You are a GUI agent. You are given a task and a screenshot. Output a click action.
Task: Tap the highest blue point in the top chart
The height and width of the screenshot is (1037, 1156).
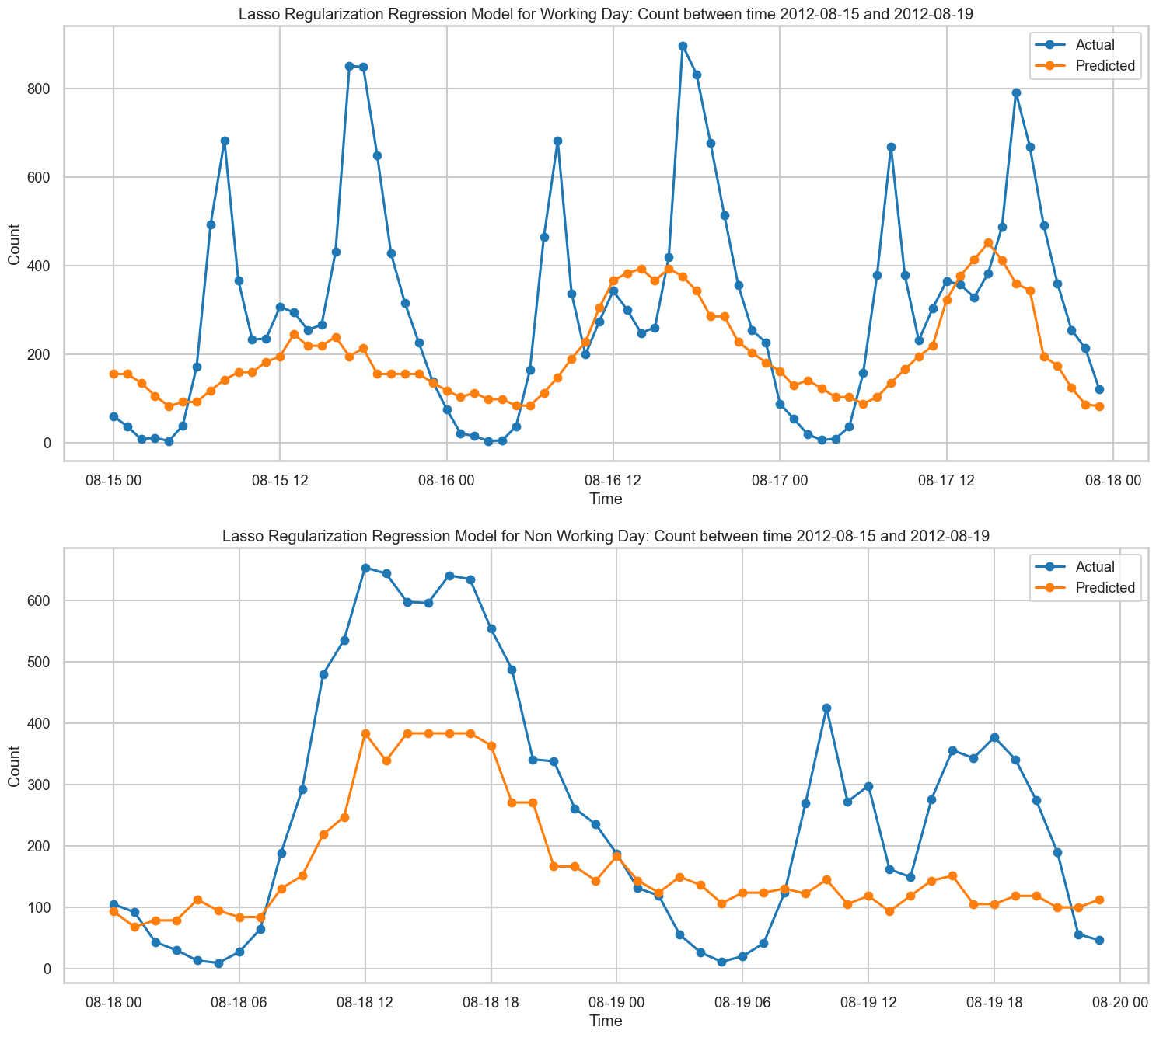tap(683, 46)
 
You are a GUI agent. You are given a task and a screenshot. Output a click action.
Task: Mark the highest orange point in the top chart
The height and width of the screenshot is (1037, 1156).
tap(989, 243)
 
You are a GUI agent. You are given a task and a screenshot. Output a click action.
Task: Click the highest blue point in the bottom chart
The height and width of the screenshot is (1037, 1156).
tap(365, 568)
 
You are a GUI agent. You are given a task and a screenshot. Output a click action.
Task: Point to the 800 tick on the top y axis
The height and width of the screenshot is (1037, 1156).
tap(40, 89)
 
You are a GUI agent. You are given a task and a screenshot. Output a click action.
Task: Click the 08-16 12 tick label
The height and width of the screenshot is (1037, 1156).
tap(613, 481)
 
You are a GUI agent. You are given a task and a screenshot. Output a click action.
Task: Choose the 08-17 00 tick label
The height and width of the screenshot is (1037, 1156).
tap(780, 481)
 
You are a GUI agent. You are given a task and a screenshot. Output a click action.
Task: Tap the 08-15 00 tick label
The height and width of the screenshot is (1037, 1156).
tap(114, 481)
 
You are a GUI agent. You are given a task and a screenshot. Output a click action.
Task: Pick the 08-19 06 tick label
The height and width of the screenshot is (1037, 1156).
tap(742, 1002)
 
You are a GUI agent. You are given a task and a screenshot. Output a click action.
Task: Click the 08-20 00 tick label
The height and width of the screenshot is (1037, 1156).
tap(1119, 1002)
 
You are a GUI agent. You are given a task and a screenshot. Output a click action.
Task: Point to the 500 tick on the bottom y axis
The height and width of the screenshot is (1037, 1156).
tap(40, 662)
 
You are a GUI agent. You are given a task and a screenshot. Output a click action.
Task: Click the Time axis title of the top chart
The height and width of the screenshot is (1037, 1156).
tap(606, 499)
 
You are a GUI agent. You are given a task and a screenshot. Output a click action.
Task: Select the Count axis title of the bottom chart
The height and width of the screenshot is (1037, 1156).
tap(14, 766)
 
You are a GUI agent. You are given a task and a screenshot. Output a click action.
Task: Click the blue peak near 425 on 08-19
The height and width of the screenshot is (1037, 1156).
tap(826, 708)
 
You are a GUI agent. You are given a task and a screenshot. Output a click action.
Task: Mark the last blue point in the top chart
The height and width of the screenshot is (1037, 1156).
tap(1099, 389)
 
